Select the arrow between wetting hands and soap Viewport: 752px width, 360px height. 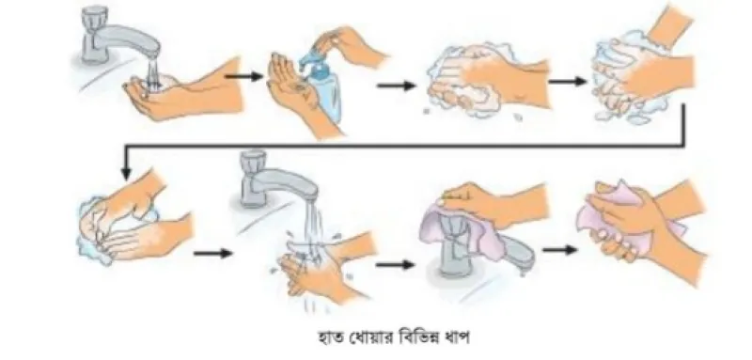pyautogui.click(x=244, y=76)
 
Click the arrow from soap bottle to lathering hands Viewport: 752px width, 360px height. pyautogui.click(x=396, y=86)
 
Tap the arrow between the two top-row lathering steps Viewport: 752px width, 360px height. pyautogui.click(x=568, y=82)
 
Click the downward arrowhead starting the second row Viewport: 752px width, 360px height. pyautogui.click(x=126, y=174)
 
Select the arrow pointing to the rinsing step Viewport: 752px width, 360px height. pyautogui.click(x=213, y=253)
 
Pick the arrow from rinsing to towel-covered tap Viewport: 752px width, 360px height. pyautogui.click(x=395, y=265)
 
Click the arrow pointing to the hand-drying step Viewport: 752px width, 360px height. pyautogui.click(x=560, y=250)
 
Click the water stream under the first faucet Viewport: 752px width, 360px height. pyautogui.click(x=153, y=71)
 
